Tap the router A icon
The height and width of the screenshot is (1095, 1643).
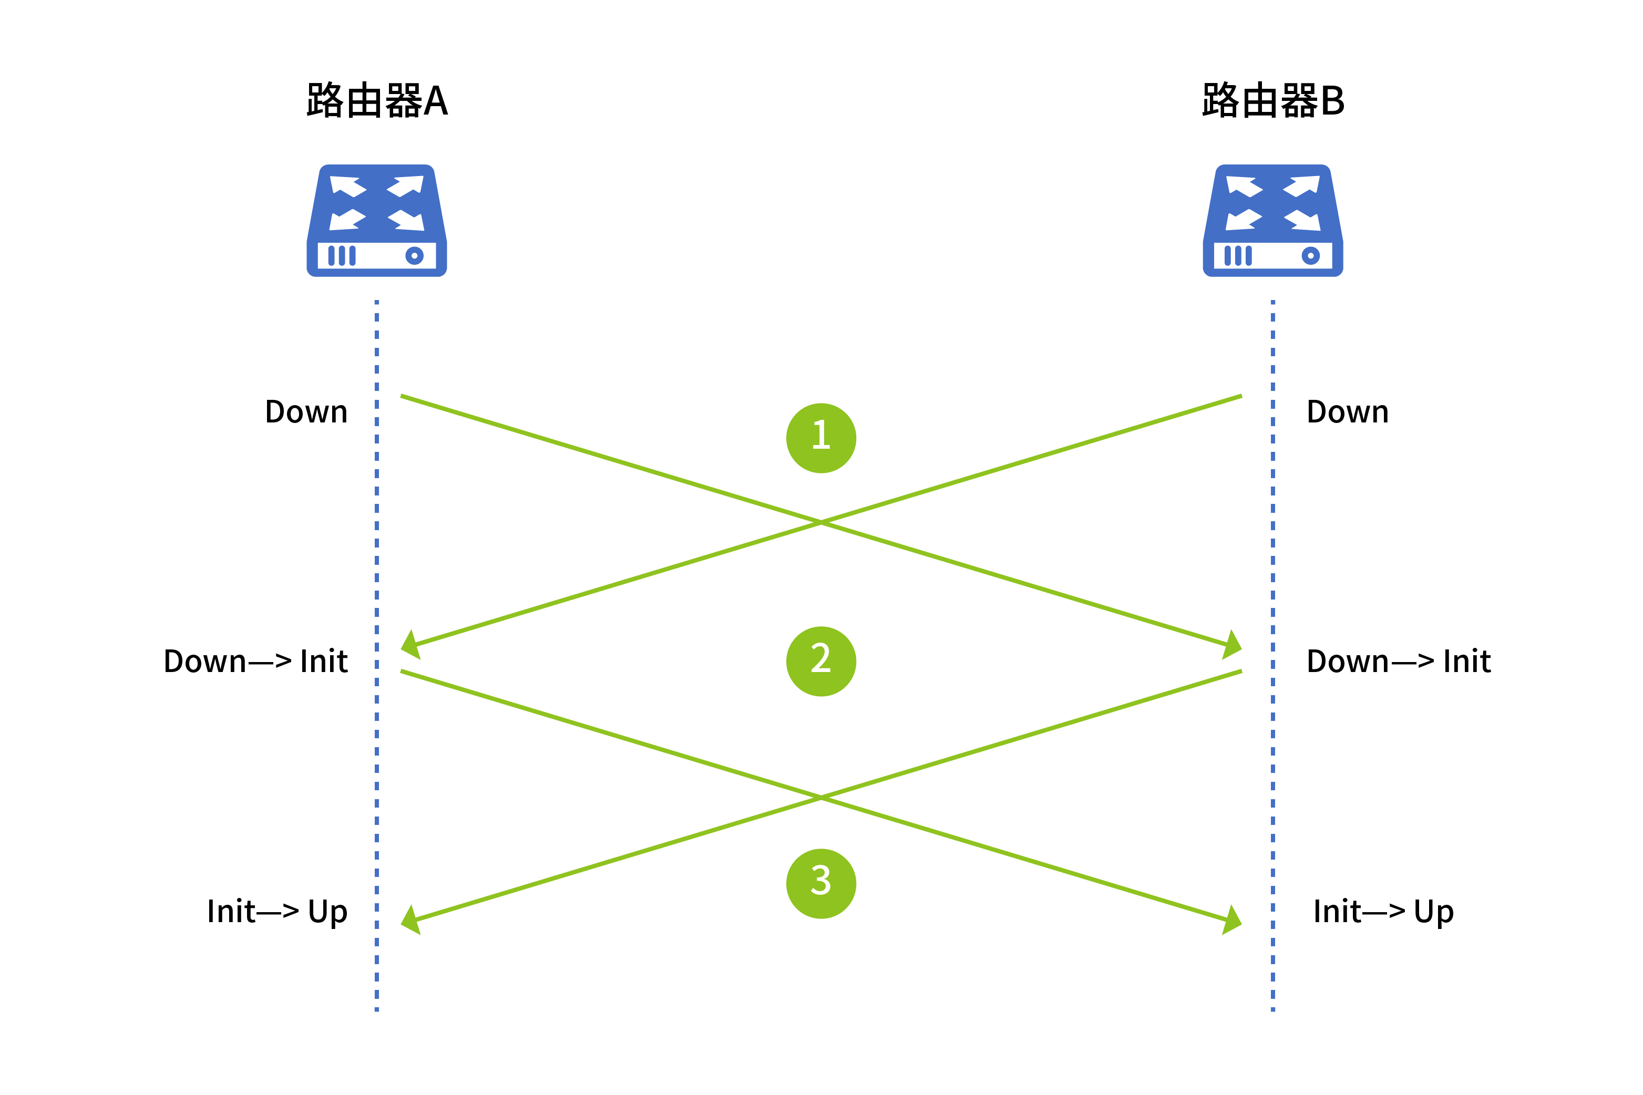[376, 221]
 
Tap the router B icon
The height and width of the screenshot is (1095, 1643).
[1273, 221]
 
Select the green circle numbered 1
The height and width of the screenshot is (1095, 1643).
[821, 438]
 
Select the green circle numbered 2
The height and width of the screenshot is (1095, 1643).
[821, 662]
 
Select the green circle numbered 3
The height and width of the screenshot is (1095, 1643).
[821, 883]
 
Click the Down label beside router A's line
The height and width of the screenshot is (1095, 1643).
[306, 412]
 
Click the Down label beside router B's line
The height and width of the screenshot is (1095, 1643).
[1348, 412]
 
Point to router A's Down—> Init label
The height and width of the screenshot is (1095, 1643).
[255, 662]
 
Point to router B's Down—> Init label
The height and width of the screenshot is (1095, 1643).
[1399, 662]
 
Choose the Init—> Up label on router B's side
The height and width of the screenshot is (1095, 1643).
[1383, 911]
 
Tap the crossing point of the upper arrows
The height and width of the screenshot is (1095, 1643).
[821, 522]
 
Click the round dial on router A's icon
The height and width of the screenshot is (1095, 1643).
[414, 255]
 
